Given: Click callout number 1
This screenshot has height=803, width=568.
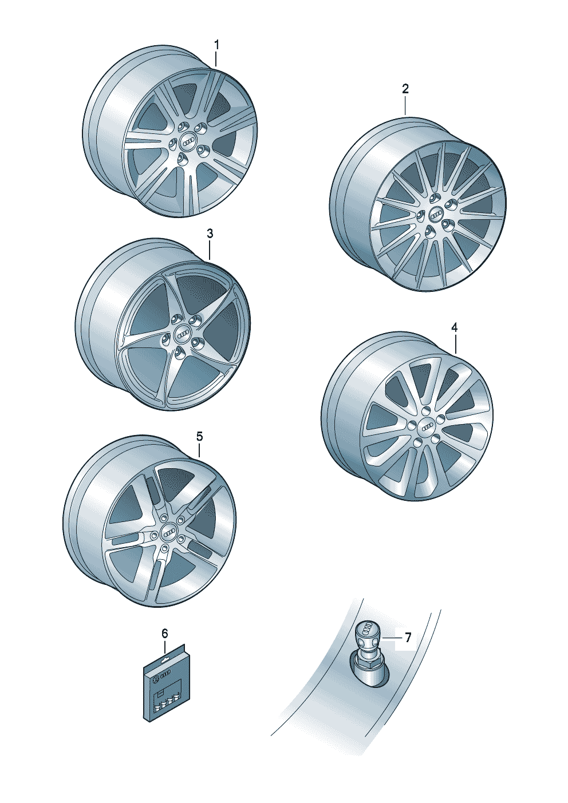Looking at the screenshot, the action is pos(216,46).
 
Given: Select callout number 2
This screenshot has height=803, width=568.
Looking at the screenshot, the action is pos(405,89).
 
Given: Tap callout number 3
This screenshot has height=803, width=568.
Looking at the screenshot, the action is pos(210,234).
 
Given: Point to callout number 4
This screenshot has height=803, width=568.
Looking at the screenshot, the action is pos(455,327).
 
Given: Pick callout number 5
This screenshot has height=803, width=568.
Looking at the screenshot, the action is pos(199,437).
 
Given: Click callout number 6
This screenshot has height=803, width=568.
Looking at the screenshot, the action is pos(164,634).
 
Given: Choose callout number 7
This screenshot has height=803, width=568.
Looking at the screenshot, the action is pos(408,637).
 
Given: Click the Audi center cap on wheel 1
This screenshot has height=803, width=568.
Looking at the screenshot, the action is pos(188,143).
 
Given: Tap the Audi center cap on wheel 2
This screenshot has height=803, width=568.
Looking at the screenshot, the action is pos(435,215).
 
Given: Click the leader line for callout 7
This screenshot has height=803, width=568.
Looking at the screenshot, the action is pos(391,638).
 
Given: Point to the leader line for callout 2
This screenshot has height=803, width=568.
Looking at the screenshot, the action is pos(405,105).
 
